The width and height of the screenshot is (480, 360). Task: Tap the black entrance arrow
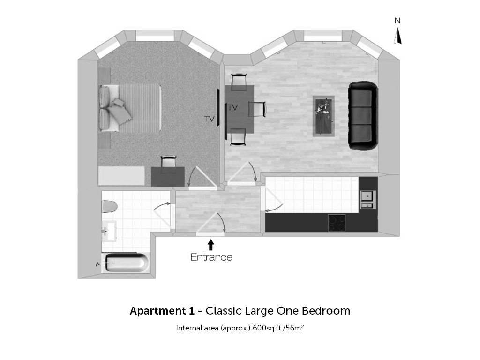point(210,245)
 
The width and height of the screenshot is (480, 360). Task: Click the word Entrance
point(211,257)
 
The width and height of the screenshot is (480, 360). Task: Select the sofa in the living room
point(363,116)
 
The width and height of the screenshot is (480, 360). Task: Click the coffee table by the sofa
point(323,116)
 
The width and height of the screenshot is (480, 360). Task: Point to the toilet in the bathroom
point(110,206)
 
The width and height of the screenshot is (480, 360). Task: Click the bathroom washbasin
point(109,231)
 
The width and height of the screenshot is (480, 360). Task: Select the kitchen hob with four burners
point(337,223)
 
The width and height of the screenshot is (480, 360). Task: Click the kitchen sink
point(367,200)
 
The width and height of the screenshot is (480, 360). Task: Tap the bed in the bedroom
point(130,108)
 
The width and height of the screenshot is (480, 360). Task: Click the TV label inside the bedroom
point(210,119)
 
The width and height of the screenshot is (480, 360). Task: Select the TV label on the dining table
point(232,107)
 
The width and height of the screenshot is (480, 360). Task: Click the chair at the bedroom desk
point(168,162)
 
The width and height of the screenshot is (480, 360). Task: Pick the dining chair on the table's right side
point(257,109)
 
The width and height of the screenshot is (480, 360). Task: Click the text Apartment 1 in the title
point(162,311)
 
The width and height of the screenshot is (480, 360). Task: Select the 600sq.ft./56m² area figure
point(278,328)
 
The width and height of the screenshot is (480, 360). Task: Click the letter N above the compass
point(397,21)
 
